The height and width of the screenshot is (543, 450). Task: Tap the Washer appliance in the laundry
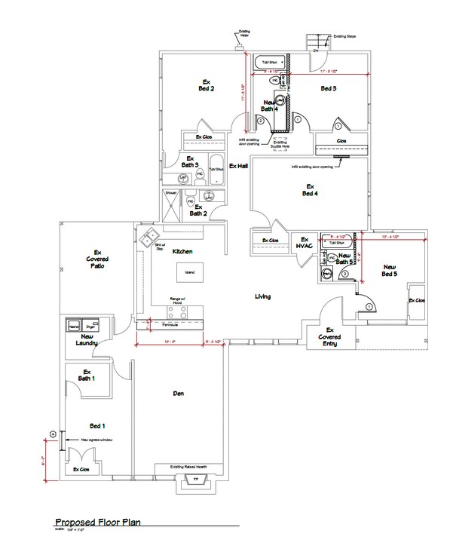[74, 325]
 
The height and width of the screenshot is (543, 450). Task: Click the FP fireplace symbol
[195, 480]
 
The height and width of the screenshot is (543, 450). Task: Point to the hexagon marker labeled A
[53, 433]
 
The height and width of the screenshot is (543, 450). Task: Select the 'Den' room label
[179, 393]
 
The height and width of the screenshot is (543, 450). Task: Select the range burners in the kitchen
[177, 311]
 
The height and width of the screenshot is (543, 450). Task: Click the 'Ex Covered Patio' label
[97, 259]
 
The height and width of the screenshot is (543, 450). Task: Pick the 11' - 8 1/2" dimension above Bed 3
[328, 72]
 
